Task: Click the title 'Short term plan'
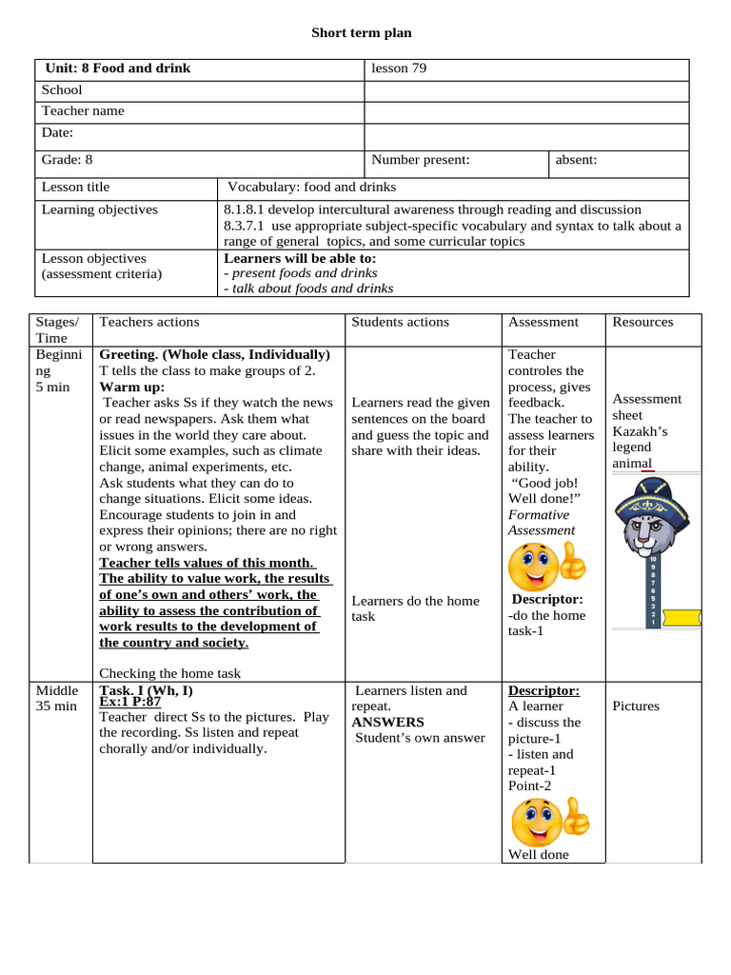click(362, 33)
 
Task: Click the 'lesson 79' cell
click(399, 69)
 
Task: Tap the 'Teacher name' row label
click(83, 110)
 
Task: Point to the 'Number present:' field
click(421, 160)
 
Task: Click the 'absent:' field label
click(577, 160)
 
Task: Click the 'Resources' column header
click(642, 322)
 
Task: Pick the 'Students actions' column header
click(400, 322)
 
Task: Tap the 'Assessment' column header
click(543, 322)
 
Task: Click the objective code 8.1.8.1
click(247, 209)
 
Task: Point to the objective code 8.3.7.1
click(247, 226)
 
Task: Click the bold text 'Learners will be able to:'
click(300, 258)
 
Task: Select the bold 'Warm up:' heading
click(132, 388)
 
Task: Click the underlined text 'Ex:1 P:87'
click(130, 702)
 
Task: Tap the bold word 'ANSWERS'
click(387, 723)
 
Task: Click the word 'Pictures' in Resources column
click(636, 706)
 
